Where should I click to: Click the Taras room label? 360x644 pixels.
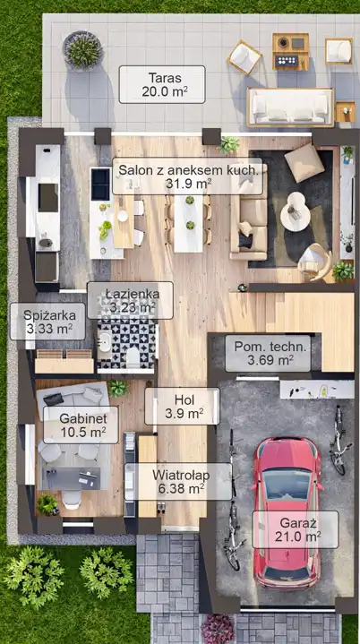click(165, 78)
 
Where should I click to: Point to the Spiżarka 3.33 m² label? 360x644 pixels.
click(49, 322)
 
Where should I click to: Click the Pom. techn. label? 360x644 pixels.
click(270, 347)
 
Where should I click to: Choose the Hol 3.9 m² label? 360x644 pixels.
click(184, 407)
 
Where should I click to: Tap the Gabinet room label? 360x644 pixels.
click(83, 418)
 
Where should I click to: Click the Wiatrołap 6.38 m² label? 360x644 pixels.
click(181, 481)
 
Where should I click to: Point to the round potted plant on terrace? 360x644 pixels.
click(82, 50)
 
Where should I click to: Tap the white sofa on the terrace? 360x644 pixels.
click(290, 107)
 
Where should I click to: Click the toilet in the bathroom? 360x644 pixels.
click(133, 356)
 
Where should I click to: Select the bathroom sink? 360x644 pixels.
click(104, 342)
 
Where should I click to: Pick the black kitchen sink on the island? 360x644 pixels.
click(100, 184)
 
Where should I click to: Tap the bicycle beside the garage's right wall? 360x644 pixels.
click(339, 440)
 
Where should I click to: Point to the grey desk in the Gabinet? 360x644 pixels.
click(71, 478)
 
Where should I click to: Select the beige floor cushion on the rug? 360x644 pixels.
click(304, 163)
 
